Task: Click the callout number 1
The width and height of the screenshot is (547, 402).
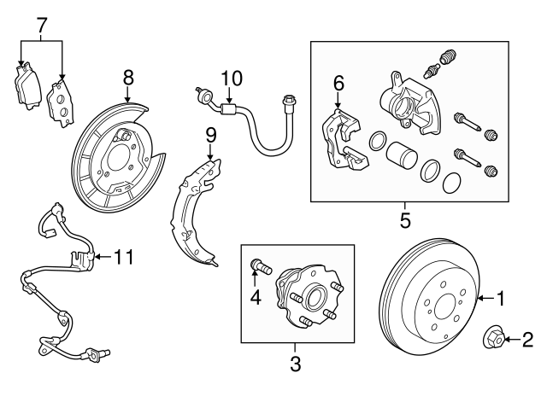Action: tap(502, 299)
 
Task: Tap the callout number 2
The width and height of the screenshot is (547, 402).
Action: tap(527, 340)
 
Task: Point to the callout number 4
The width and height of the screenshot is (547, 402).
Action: tap(254, 298)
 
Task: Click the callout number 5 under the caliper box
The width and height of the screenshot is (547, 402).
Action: tap(405, 220)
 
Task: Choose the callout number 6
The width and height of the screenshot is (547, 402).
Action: tap(338, 83)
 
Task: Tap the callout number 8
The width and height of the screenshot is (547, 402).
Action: tap(128, 78)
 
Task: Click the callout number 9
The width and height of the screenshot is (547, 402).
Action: tap(211, 134)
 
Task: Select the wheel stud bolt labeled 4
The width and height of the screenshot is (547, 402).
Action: tap(261, 269)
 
